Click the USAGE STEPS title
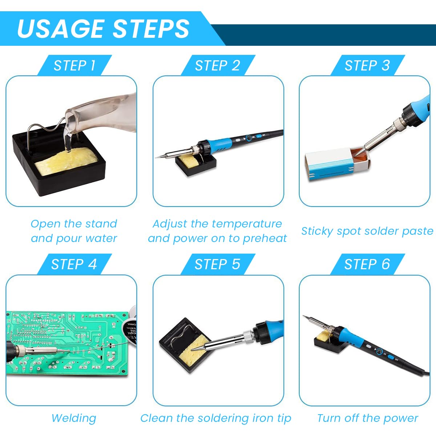click(x=103, y=29)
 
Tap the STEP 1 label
click(x=74, y=66)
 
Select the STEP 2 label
click(x=217, y=66)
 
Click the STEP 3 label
click(x=367, y=66)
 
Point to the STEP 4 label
click(x=74, y=264)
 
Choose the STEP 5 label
click(x=217, y=264)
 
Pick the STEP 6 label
click(x=367, y=264)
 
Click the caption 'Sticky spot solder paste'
click(x=367, y=231)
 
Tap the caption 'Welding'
click(x=74, y=418)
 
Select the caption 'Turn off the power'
click(x=367, y=418)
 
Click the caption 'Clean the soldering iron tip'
click(x=216, y=418)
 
